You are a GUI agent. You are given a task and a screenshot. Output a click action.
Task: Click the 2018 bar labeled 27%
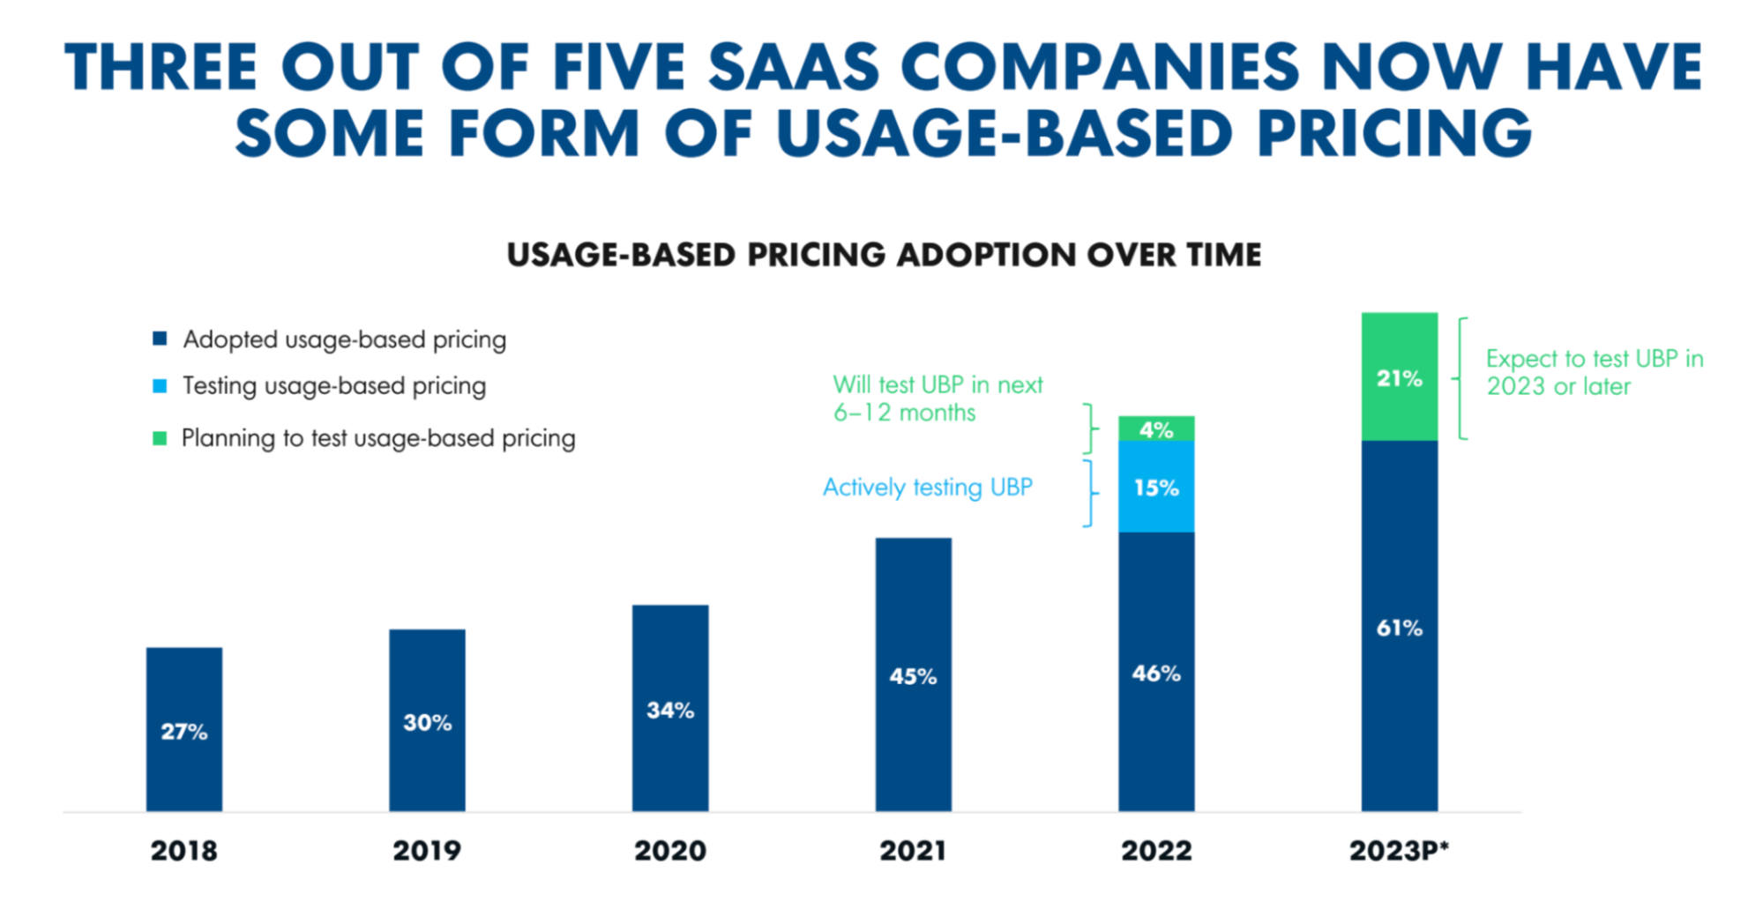[183, 729]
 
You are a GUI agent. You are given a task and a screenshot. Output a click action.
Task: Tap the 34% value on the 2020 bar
[670, 710]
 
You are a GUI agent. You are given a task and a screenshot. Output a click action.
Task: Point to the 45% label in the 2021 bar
[913, 676]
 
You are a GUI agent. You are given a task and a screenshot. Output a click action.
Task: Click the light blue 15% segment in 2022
[1156, 487]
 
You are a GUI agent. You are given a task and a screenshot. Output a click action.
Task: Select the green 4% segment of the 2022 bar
[1156, 429]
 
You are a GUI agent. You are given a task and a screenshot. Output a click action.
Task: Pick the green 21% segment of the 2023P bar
[1399, 377]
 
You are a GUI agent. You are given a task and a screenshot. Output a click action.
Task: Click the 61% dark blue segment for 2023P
[1399, 628]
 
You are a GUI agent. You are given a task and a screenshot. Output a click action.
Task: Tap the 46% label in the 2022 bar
[1156, 673]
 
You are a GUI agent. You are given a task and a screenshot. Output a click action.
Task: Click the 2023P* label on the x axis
[1399, 850]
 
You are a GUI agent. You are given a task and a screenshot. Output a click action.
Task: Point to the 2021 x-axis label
[913, 850]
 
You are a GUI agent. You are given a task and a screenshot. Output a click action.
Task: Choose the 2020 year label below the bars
[670, 850]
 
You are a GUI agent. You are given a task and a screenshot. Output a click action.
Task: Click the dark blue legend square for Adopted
[160, 339]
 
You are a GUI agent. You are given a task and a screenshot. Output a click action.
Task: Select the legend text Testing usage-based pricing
[334, 386]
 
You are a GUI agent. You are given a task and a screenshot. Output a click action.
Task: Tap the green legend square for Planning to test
[160, 438]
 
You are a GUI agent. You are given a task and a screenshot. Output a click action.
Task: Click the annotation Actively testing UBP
[927, 487]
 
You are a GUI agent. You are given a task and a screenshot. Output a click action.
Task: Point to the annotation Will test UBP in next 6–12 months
[937, 399]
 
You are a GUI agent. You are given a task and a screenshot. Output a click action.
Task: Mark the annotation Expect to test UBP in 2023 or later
[1594, 372]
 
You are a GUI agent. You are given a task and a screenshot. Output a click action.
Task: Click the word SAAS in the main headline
[794, 69]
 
